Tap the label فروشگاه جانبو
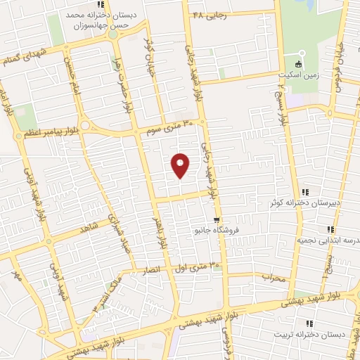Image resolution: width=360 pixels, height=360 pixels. (x=216, y=229)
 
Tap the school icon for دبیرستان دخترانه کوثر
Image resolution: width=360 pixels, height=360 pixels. (x=305, y=192)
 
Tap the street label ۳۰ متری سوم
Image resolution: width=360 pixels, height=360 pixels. (x=168, y=128)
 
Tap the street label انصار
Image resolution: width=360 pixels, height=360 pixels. (x=153, y=269)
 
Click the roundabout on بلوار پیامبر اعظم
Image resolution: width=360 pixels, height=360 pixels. (x=86, y=125)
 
